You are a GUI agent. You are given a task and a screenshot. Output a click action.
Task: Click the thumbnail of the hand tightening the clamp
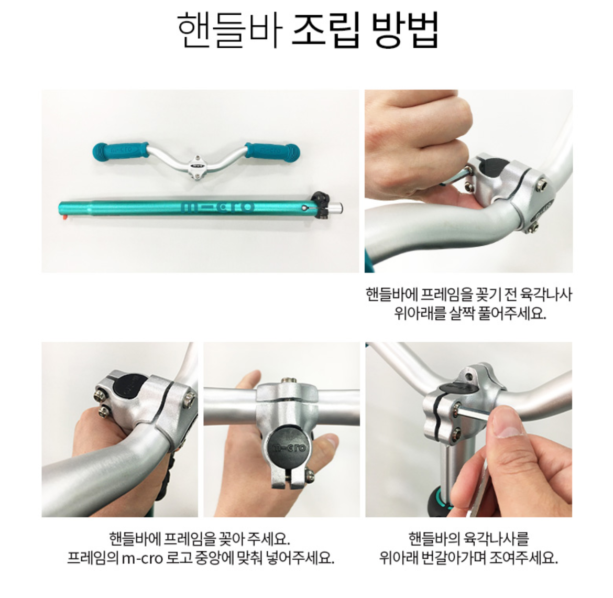click(x=468, y=429)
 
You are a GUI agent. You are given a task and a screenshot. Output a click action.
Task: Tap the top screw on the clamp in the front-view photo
click(x=286, y=381)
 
